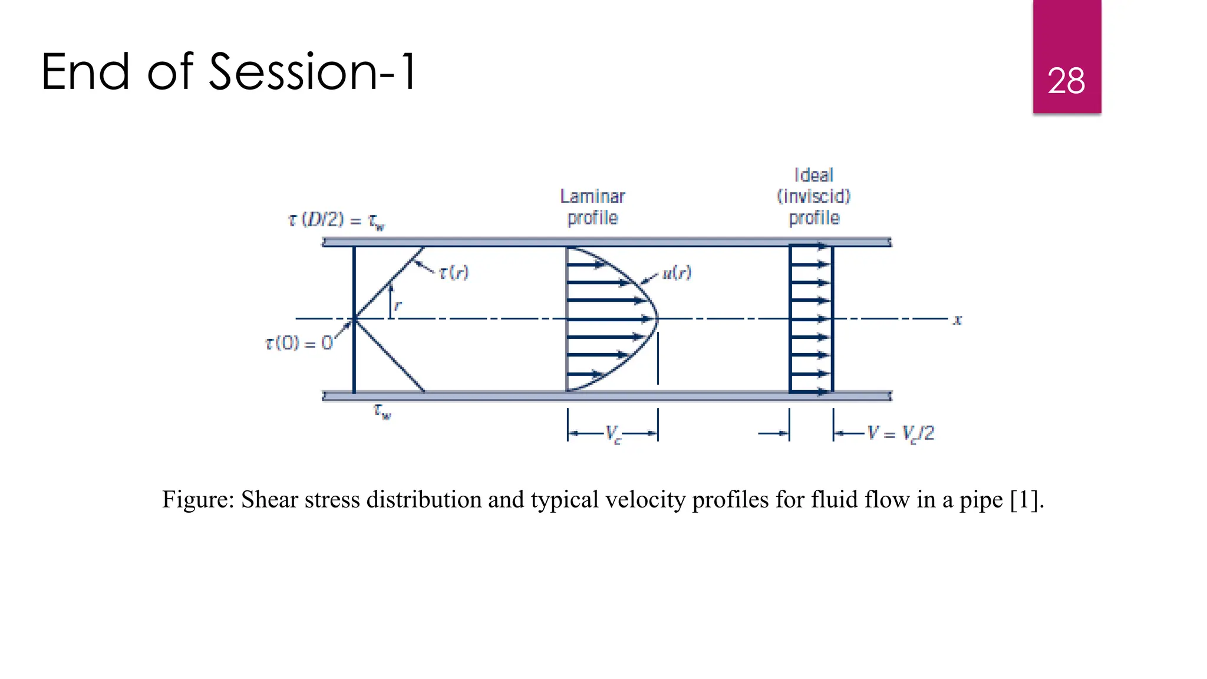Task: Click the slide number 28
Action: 1066,81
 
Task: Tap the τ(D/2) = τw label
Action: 336,220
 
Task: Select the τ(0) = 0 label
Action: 299,343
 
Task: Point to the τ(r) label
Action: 454,272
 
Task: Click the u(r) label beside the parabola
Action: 677,272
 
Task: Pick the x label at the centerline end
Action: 958,320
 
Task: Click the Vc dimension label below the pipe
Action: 613,434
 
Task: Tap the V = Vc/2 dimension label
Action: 901,434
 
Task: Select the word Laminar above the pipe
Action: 592,196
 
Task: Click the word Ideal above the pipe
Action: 814,175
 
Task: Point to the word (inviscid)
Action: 814,196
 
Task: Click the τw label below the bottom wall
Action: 382,411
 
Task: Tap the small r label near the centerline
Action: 398,305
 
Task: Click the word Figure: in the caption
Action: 198,500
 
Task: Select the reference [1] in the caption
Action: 1026,500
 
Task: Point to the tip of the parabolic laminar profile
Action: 657,319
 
